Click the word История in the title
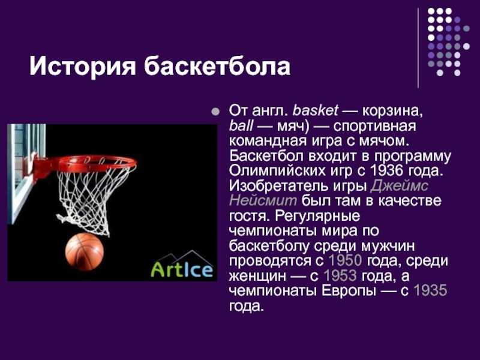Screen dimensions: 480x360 click(x=82, y=66)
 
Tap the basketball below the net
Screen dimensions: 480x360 click(x=85, y=251)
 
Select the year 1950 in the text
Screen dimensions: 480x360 click(x=346, y=260)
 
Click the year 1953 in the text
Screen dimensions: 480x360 click(x=340, y=275)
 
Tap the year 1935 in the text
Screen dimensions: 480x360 click(x=430, y=290)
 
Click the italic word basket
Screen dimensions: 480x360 click(x=316, y=110)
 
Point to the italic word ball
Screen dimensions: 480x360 click(x=241, y=125)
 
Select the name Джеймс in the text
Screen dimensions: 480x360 click(x=399, y=185)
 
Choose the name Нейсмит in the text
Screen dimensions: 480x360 click(x=263, y=200)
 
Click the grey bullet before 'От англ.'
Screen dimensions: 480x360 click(x=216, y=112)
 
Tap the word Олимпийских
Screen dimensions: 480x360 click(x=277, y=170)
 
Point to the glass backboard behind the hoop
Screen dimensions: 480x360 click(x=26, y=172)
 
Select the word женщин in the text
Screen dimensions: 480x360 click(x=257, y=276)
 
